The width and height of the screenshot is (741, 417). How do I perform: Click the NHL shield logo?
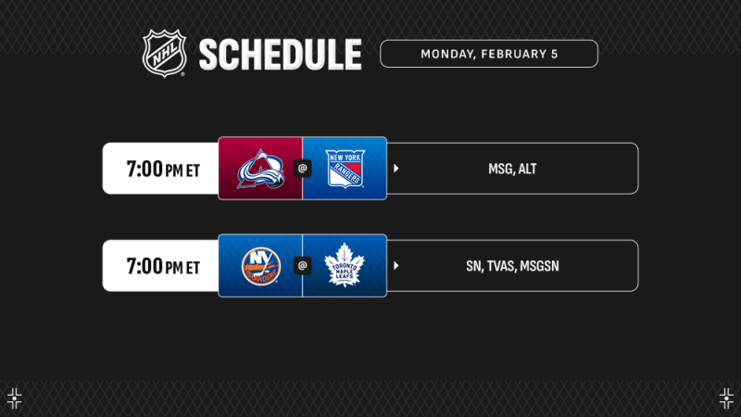click(164, 53)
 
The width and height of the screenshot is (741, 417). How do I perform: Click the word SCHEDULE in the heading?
click(280, 55)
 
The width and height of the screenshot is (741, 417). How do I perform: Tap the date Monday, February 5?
click(489, 54)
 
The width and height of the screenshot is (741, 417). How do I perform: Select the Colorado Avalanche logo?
click(259, 169)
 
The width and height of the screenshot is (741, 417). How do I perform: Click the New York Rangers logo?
click(345, 169)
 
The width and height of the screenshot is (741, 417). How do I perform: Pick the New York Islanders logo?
click(259, 266)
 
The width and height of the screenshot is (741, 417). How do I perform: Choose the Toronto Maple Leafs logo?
click(345, 266)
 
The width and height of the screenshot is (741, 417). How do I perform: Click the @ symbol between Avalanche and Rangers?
click(302, 169)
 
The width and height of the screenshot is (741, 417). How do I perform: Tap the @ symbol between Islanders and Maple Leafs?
click(302, 266)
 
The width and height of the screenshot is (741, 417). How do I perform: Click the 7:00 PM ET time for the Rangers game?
click(163, 170)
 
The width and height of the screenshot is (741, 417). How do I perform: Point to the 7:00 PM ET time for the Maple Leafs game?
click(163, 267)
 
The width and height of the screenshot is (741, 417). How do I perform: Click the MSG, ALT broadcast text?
click(513, 170)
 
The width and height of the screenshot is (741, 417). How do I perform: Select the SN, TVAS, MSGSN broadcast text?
click(512, 267)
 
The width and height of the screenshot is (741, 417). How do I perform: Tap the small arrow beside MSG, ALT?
click(396, 169)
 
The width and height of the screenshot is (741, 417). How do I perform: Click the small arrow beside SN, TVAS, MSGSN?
click(396, 266)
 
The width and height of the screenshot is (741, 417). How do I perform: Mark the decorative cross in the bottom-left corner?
click(14, 398)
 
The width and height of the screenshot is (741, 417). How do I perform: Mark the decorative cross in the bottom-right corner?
click(726, 398)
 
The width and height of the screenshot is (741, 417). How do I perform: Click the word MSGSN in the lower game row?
click(540, 267)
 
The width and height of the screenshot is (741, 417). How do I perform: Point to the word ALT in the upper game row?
click(527, 170)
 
